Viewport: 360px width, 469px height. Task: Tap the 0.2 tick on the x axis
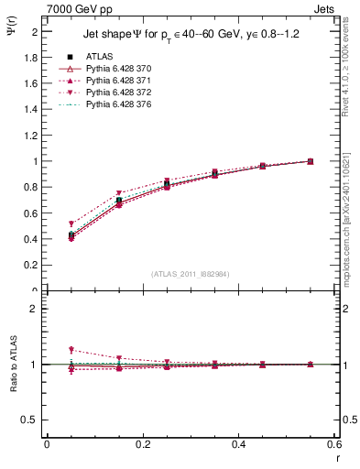click(142, 444)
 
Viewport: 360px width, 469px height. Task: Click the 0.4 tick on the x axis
click(239, 444)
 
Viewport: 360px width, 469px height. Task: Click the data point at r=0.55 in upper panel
click(311, 161)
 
